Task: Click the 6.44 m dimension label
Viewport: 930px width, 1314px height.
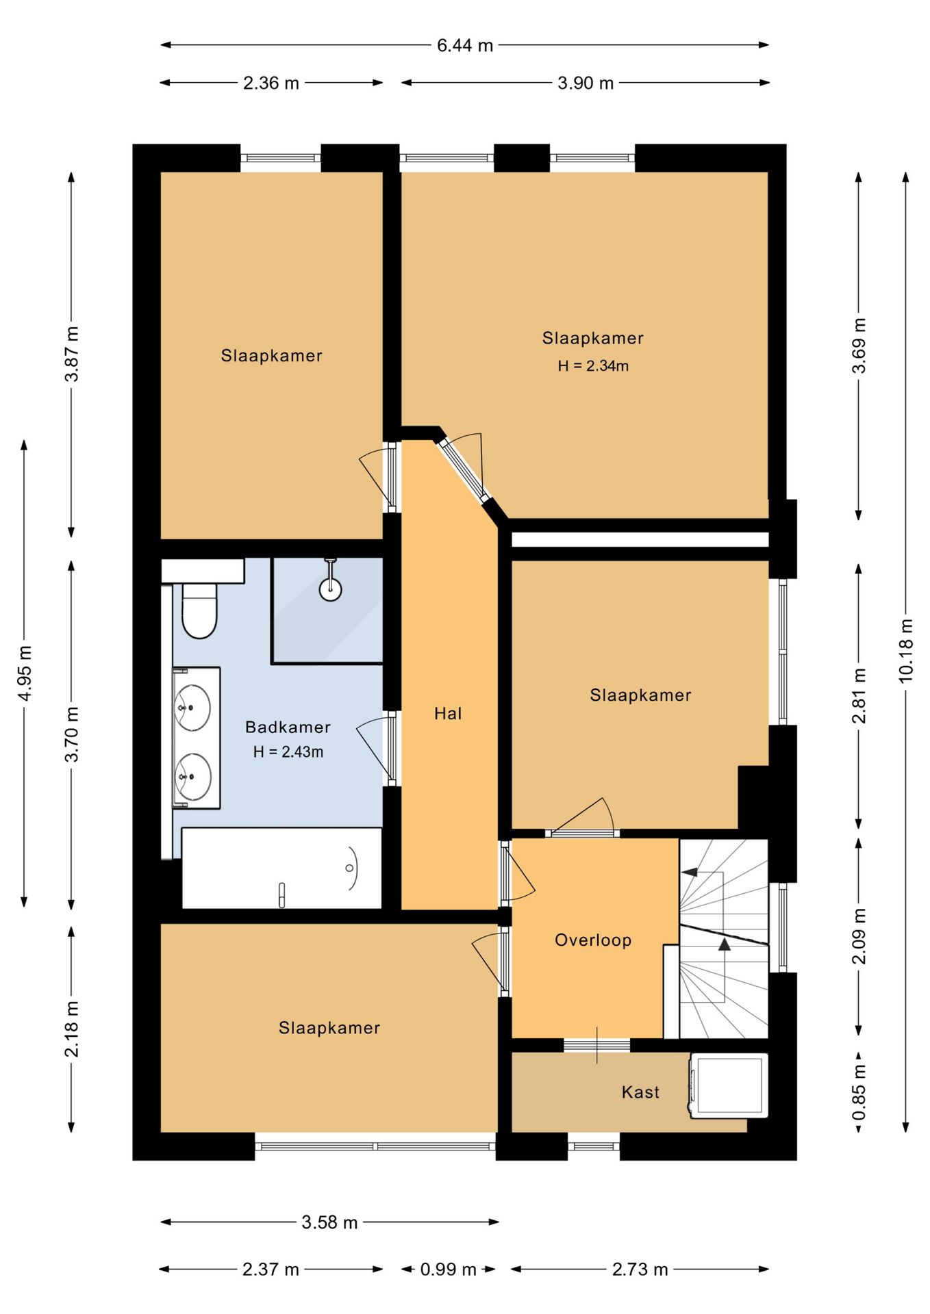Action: click(x=465, y=45)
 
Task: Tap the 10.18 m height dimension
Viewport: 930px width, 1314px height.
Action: click(x=905, y=650)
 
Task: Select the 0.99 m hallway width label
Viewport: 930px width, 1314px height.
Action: click(x=448, y=1270)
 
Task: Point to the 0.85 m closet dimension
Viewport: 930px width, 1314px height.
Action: click(x=859, y=1092)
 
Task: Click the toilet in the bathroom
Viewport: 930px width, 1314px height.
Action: click(x=199, y=609)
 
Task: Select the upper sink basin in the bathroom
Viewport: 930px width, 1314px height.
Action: click(x=192, y=708)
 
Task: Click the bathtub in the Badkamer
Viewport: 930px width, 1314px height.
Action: click(x=281, y=868)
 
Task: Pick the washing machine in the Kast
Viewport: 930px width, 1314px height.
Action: click(x=729, y=1085)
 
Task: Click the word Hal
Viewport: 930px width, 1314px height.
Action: click(x=448, y=714)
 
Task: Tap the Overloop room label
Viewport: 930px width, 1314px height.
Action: click(x=593, y=940)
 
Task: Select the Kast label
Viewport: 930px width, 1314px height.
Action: click(x=640, y=1092)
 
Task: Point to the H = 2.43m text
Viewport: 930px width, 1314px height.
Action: click(x=288, y=751)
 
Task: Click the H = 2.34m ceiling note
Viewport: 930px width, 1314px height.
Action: click(x=593, y=366)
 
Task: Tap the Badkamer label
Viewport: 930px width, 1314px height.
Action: click(x=288, y=727)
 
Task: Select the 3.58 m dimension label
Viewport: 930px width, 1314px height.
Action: click(x=329, y=1222)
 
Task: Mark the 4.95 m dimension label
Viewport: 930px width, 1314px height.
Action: click(x=25, y=673)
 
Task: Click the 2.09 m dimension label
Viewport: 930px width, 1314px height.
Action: click(x=859, y=936)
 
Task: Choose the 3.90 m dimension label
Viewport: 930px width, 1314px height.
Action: click(x=586, y=83)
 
